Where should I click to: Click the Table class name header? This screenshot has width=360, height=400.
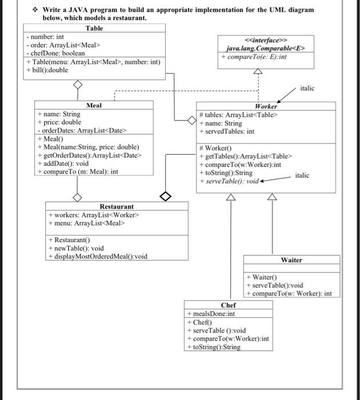(94, 28)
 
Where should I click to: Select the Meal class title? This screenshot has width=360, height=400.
(94, 105)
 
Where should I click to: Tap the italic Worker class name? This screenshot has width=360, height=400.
(266, 106)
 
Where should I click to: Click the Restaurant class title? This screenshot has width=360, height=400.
(117, 206)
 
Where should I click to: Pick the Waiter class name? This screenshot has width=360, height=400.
(291, 260)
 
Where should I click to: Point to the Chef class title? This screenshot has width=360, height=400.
(228, 305)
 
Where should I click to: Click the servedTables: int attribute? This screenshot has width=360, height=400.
(227, 131)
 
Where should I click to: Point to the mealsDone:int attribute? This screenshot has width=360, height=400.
(211, 314)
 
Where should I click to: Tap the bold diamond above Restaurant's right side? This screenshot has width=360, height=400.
(165, 197)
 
